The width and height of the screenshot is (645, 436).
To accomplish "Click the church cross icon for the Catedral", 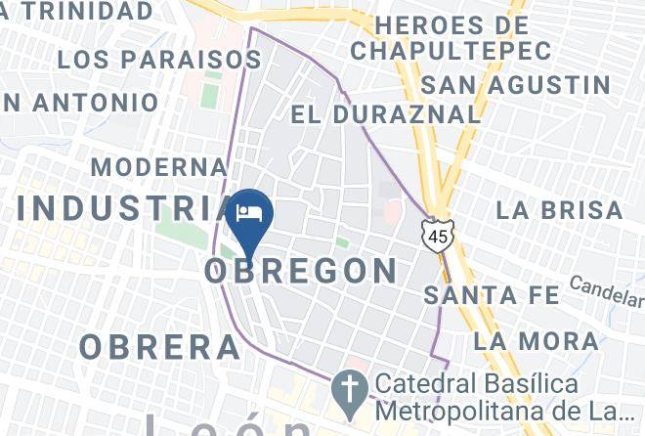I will [348, 389].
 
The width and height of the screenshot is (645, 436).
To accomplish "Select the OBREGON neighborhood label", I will [301, 270].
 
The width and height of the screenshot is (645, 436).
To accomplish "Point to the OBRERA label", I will [160, 346].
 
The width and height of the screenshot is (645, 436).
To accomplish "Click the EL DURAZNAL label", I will [386, 113].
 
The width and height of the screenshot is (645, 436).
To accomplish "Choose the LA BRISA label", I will [559, 209].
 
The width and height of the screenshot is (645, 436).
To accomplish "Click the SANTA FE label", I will [493, 294].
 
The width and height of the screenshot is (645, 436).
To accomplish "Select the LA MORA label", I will [537, 341].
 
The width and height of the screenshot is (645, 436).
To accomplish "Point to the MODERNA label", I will [159, 166].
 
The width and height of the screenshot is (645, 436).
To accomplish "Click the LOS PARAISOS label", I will [158, 59].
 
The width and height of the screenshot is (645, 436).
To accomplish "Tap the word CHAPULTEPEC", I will [440, 47].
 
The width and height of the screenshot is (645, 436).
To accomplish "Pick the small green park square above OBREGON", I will [342, 241].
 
